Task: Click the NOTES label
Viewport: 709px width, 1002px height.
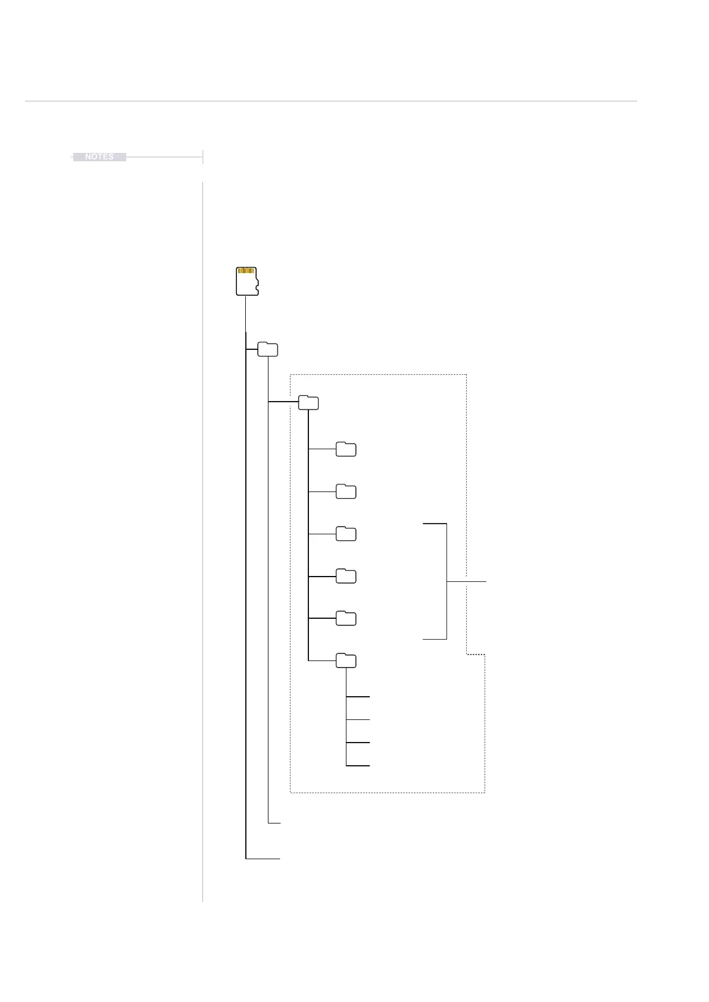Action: pos(99,157)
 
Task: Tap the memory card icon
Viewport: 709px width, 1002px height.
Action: pos(246,281)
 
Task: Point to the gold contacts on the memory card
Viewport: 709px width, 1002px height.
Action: pos(246,271)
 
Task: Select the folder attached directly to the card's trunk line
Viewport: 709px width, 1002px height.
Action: pos(268,350)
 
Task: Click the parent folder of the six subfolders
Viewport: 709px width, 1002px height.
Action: pos(308,403)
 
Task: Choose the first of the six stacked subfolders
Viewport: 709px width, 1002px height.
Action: pos(346,450)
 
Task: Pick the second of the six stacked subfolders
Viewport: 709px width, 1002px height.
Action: pos(346,492)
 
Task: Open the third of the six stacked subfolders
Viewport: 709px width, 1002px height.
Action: pos(346,534)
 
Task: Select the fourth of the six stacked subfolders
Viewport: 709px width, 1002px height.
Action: pos(346,577)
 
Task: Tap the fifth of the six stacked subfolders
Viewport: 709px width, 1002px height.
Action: pos(346,619)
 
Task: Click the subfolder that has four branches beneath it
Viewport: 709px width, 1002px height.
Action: pos(346,661)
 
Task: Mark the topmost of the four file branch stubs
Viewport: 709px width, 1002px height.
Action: pos(358,696)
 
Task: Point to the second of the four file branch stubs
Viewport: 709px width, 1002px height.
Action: pos(358,720)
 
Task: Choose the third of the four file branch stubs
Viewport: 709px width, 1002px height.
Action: pos(358,743)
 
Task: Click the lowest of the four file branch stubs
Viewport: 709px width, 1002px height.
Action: pos(358,766)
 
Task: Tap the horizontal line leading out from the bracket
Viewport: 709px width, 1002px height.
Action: pos(467,581)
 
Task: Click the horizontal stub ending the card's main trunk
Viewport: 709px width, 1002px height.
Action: pos(263,859)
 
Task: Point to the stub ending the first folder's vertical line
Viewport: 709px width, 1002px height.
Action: pos(274,823)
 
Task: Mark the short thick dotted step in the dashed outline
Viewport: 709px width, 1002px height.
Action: pos(476,655)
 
